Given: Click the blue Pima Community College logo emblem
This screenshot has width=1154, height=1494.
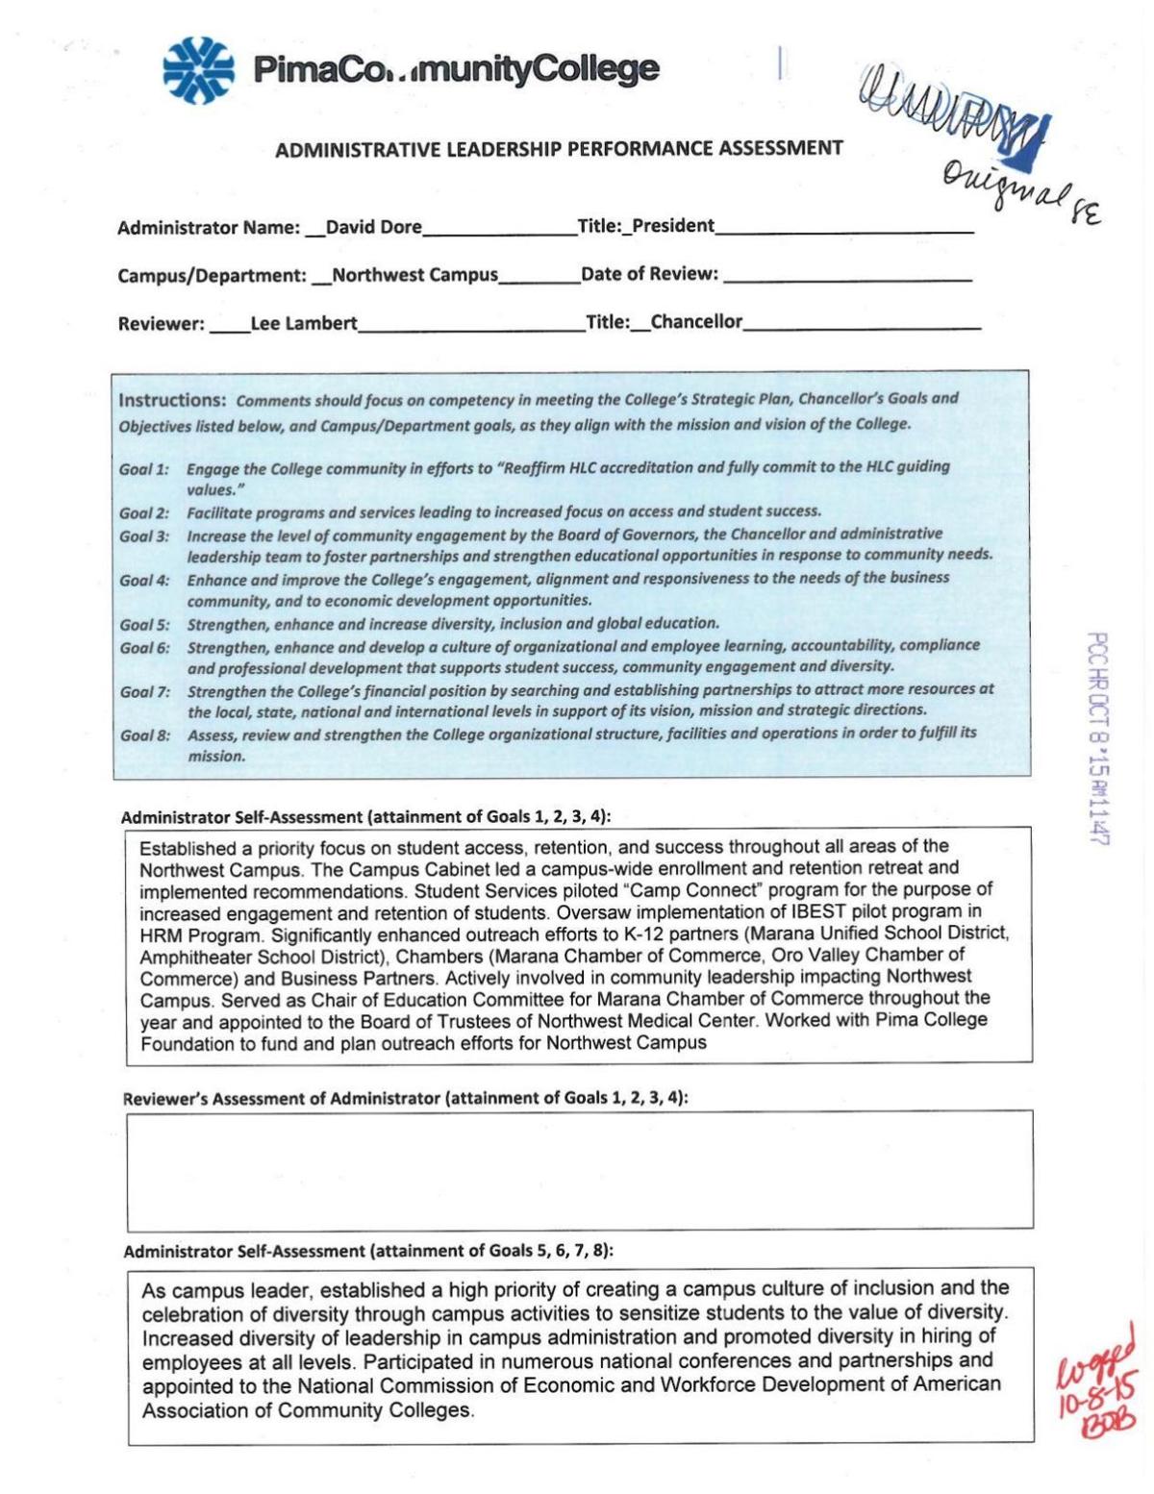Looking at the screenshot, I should (x=198, y=70).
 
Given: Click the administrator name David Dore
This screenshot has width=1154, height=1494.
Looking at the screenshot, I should (x=373, y=228).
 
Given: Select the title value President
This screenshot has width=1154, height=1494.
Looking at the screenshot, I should (x=672, y=226).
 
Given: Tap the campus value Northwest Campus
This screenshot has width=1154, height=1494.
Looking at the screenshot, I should (x=414, y=275).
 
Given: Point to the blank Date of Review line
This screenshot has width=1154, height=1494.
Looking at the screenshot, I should (x=846, y=276).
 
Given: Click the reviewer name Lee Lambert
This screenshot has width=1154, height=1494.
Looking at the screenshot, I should (x=303, y=324).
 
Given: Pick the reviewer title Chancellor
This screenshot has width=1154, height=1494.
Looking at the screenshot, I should (x=696, y=322).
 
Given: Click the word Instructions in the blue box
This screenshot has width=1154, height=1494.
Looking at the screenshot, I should (x=172, y=400).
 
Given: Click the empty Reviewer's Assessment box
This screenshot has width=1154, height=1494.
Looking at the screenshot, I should (x=580, y=1169).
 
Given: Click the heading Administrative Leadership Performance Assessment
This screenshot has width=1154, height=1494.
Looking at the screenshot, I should (x=559, y=149).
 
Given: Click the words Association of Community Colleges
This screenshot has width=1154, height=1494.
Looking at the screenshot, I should (x=308, y=1411).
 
